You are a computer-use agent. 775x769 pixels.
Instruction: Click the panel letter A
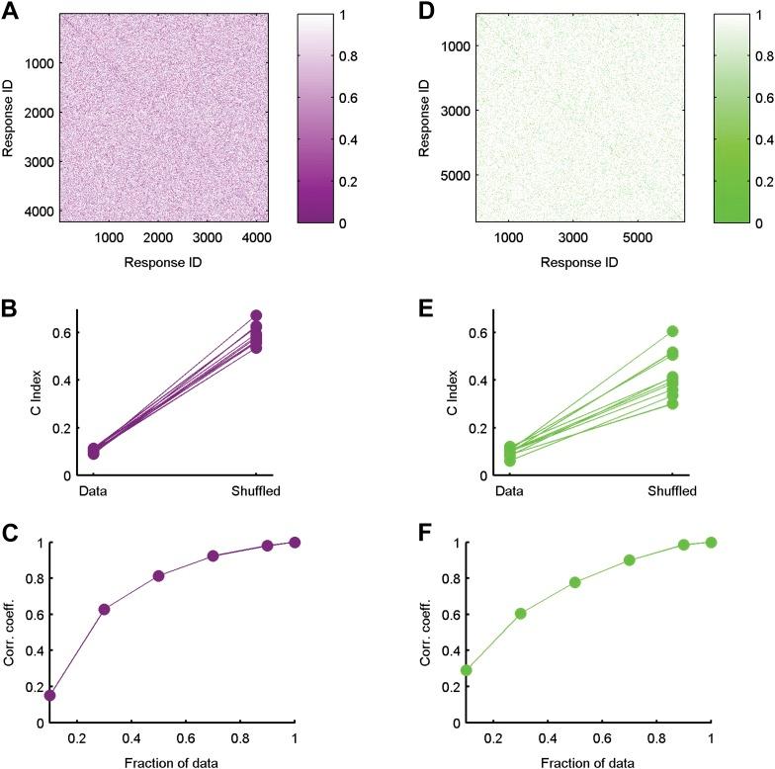pyautogui.click(x=10, y=12)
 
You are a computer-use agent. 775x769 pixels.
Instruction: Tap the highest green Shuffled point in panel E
pyautogui.click(x=673, y=331)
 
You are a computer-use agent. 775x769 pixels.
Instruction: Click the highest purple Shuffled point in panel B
pyautogui.click(x=257, y=315)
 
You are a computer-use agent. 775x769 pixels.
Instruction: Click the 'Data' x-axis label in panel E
pyautogui.click(x=509, y=491)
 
